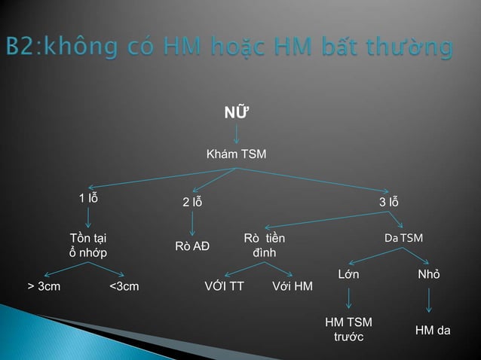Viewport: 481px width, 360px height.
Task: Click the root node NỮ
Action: (x=237, y=113)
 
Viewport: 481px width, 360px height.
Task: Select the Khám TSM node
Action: (x=237, y=154)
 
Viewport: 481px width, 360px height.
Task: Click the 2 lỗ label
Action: (x=192, y=203)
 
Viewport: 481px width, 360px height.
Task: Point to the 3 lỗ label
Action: (x=389, y=203)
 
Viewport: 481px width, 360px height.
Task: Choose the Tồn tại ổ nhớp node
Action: (x=88, y=246)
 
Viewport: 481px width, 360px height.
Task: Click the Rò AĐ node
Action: (x=192, y=246)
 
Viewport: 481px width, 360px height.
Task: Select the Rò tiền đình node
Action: (x=265, y=246)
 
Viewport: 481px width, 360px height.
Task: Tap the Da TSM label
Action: (x=403, y=238)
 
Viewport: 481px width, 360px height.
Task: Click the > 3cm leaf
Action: (x=44, y=286)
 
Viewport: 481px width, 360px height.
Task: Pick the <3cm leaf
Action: (x=124, y=286)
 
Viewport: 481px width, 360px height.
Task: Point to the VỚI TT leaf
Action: (x=224, y=286)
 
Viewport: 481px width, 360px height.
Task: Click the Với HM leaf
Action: (x=292, y=286)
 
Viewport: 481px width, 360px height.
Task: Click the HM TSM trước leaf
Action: (x=348, y=329)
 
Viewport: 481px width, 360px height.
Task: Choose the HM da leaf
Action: (x=433, y=329)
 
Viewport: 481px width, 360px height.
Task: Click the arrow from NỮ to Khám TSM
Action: (x=237, y=133)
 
